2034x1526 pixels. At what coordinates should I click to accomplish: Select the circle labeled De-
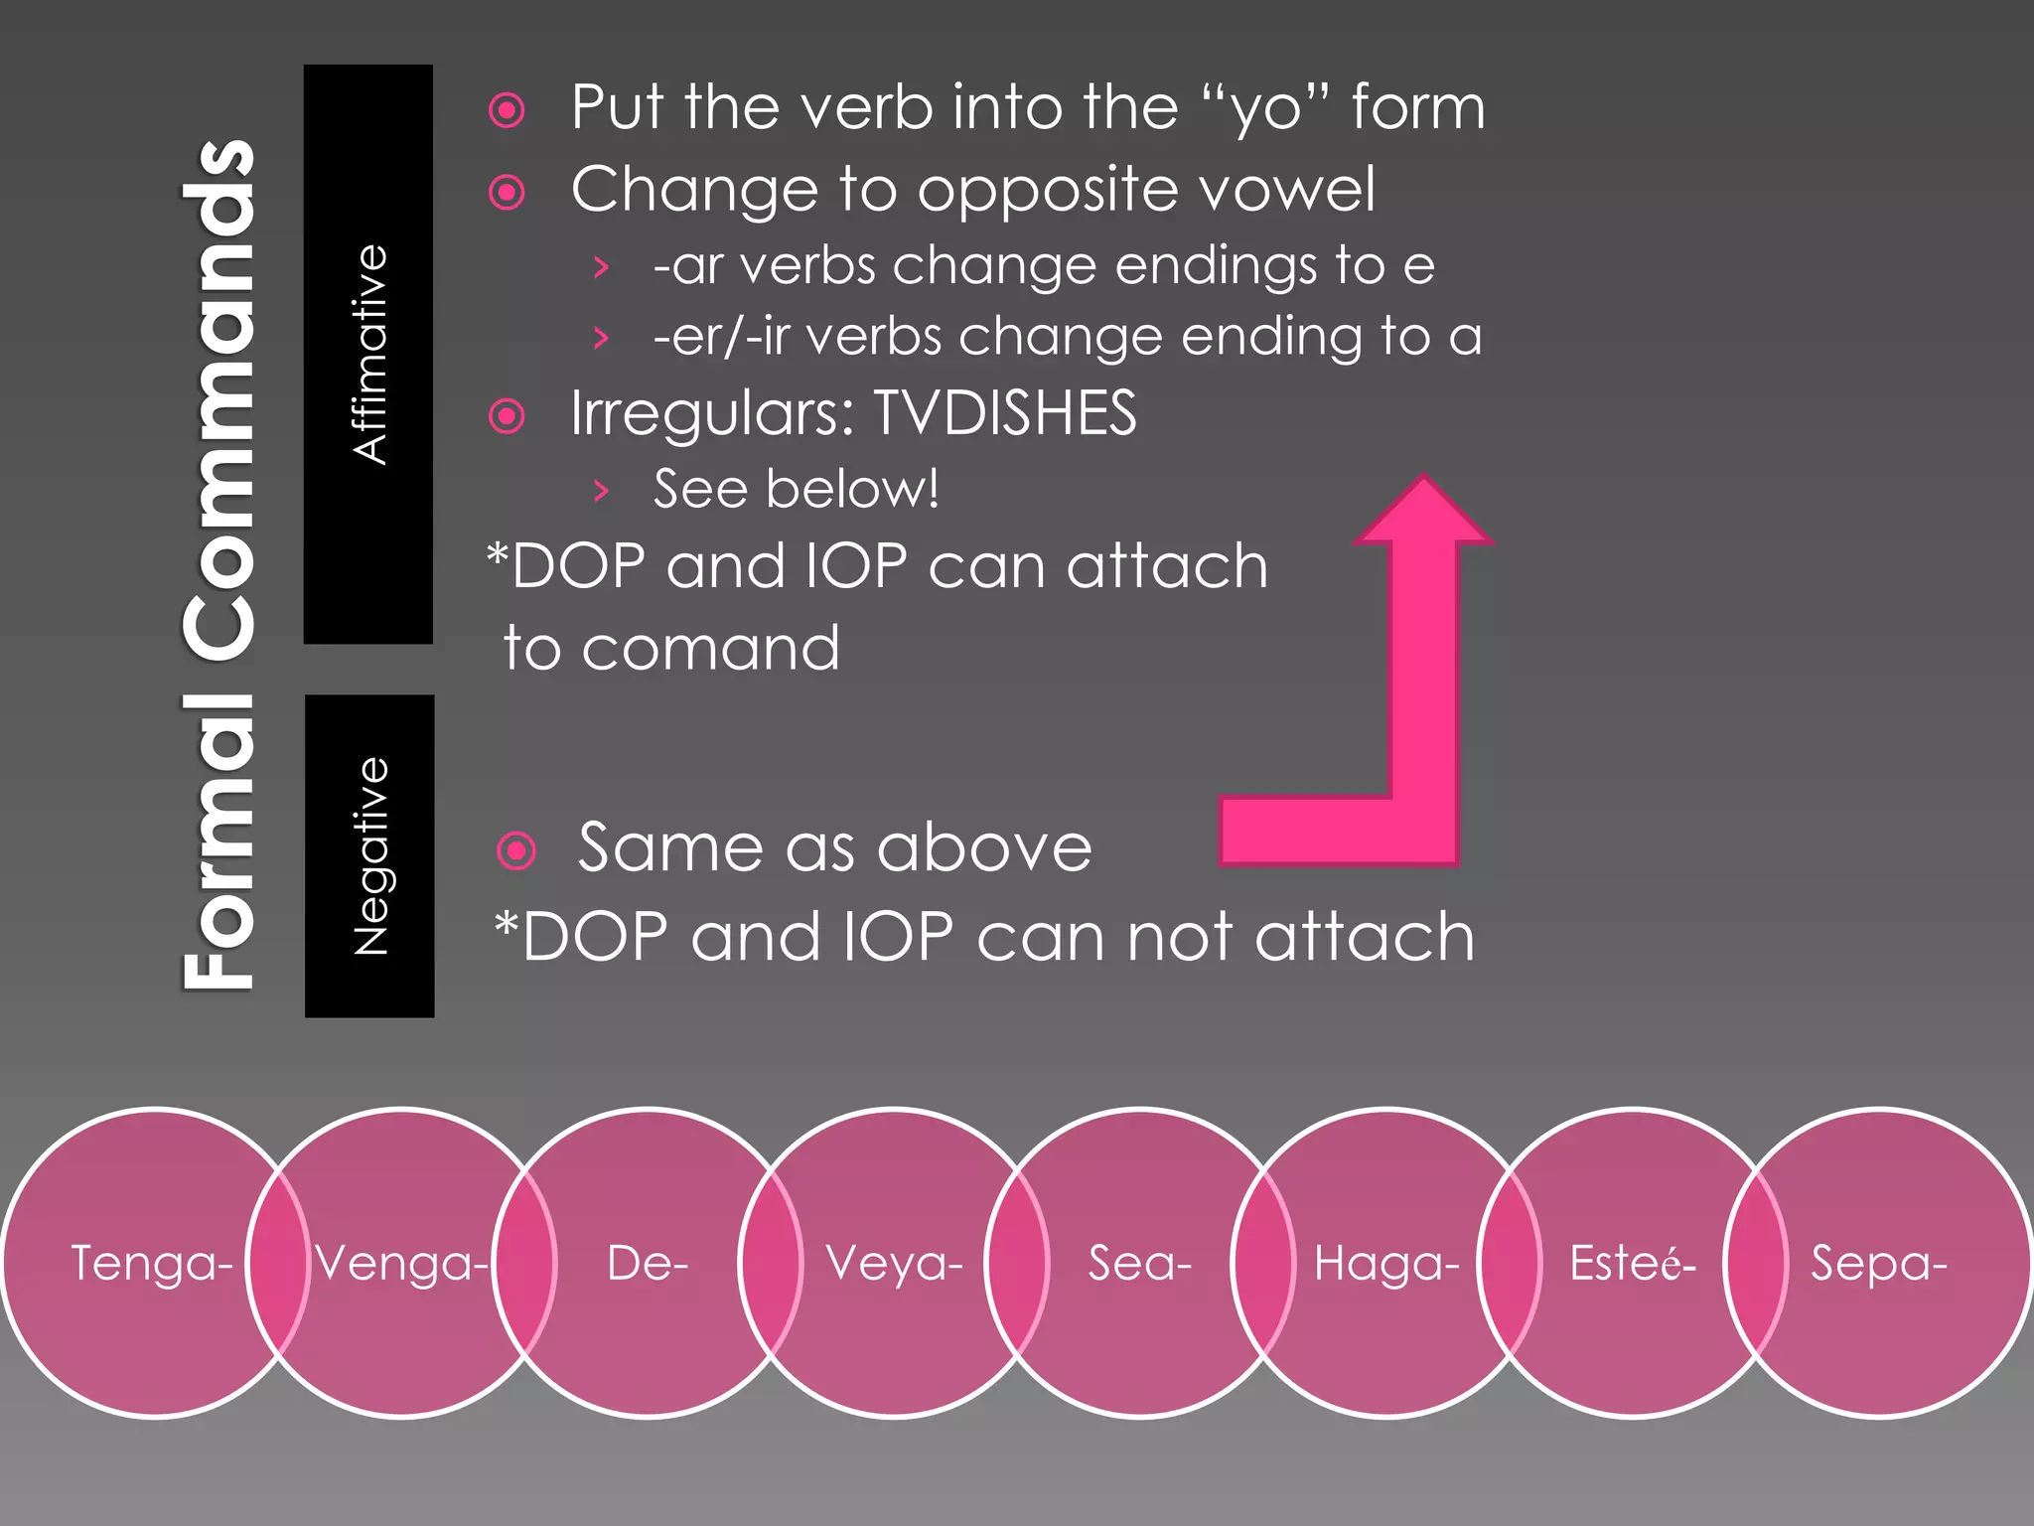pos(647,1264)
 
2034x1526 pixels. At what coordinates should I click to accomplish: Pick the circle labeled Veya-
pos(894,1264)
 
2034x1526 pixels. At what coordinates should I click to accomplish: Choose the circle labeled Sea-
pos(1139,1264)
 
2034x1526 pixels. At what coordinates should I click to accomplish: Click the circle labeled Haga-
pos(1386,1264)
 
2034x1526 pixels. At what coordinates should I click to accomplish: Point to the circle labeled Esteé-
pos(1632,1264)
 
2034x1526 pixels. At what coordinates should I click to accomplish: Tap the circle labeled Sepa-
pos(1878,1264)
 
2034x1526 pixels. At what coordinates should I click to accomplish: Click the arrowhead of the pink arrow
pos(1424,512)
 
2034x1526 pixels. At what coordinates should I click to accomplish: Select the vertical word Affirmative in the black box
pos(369,355)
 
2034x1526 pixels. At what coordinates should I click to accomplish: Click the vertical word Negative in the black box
pos(370,856)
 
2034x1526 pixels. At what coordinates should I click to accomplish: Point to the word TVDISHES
pos(1004,413)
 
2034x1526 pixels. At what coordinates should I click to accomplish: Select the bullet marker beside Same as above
pos(515,850)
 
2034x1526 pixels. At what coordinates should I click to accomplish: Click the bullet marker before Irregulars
pos(507,415)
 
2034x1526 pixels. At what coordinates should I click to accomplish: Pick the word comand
pos(710,649)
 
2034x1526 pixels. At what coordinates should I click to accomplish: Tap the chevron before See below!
pos(600,490)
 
